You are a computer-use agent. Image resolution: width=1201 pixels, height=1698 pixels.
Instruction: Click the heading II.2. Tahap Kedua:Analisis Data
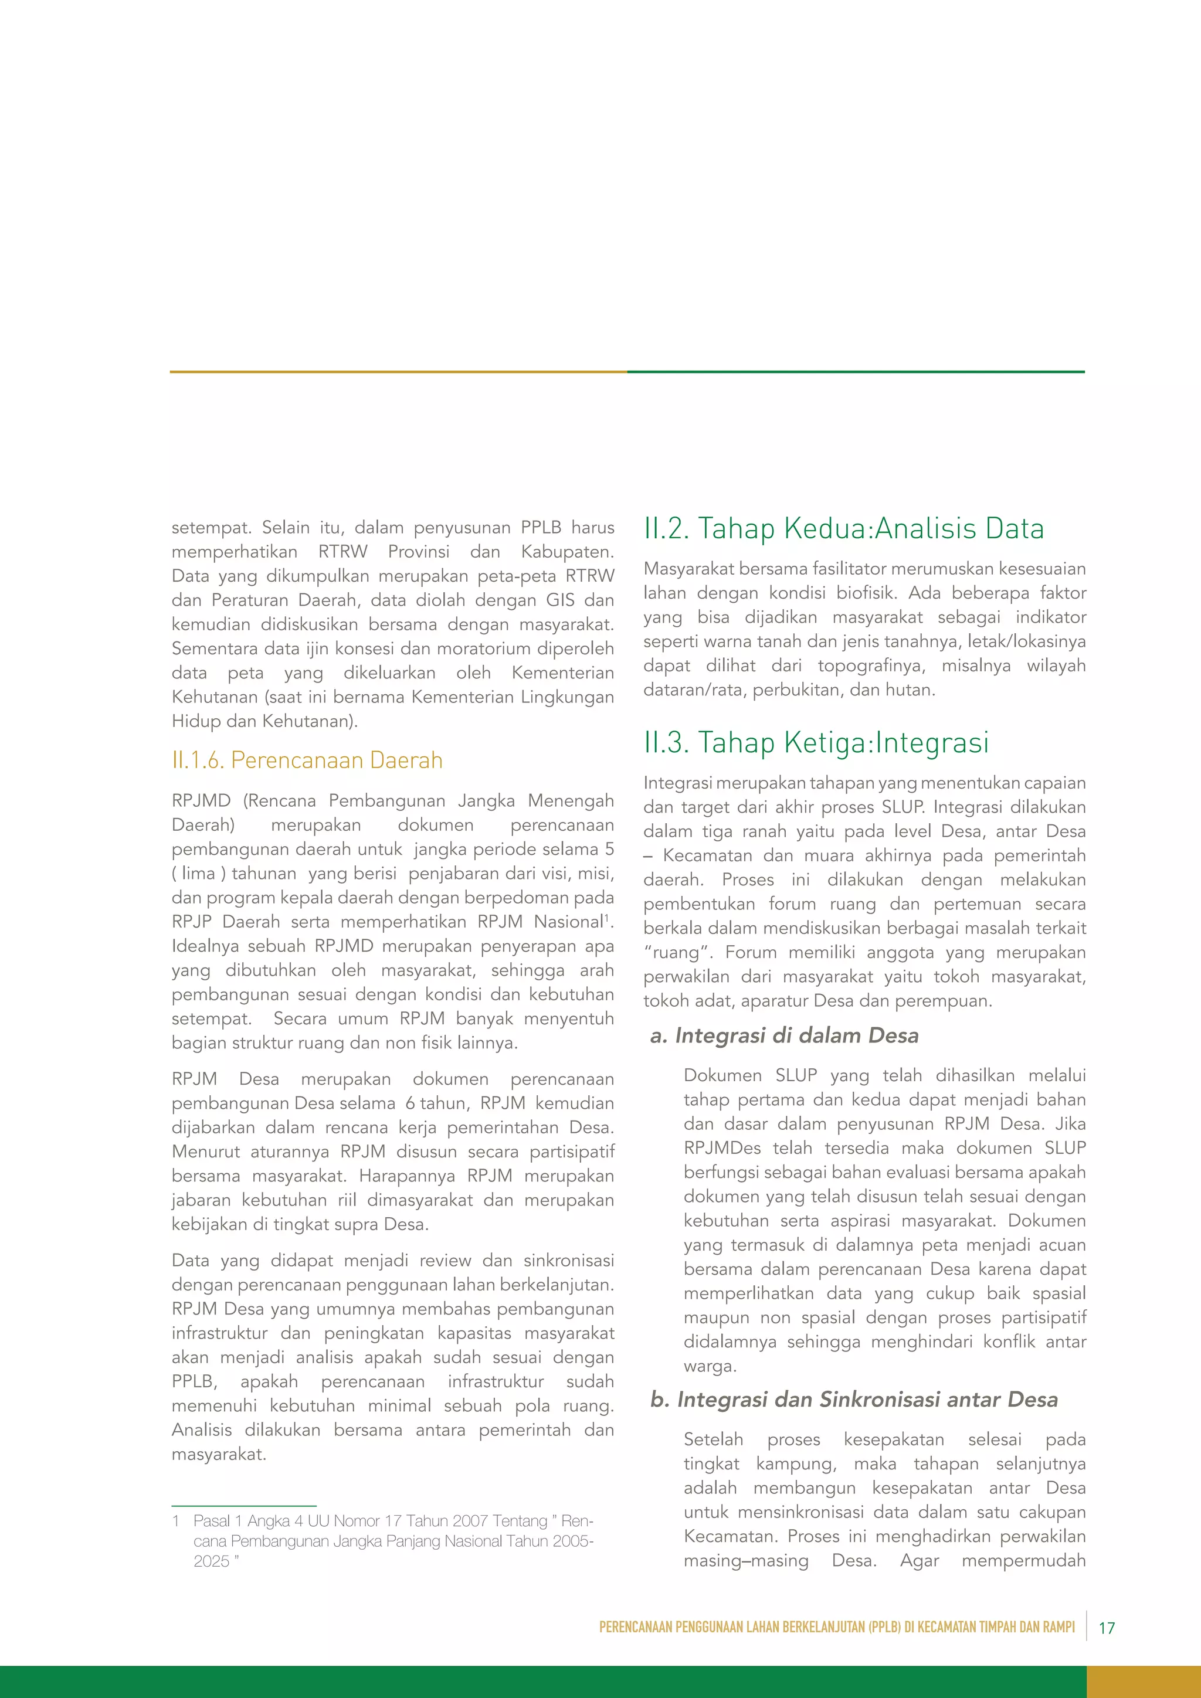click(x=843, y=529)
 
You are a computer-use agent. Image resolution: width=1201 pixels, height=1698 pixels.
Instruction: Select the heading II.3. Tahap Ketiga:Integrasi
click(x=816, y=742)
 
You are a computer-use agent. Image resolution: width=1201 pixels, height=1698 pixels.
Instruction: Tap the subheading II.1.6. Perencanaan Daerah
click(x=307, y=760)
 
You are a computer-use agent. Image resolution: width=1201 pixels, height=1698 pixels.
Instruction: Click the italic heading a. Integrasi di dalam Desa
click(x=784, y=1035)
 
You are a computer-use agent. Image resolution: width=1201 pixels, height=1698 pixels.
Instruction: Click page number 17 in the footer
click(x=1107, y=1628)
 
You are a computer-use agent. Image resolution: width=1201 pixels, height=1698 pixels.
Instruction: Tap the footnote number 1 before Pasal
click(x=176, y=1522)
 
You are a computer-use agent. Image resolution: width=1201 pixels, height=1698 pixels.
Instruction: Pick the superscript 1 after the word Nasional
click(x=606, y=918)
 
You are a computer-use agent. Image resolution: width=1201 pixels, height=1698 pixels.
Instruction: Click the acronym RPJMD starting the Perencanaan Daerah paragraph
click(x=201, y=801)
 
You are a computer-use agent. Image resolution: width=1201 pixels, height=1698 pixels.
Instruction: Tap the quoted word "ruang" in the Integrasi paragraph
click(x=672, y=953)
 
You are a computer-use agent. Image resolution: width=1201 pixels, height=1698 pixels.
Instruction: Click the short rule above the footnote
click(x=243, y=1506)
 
